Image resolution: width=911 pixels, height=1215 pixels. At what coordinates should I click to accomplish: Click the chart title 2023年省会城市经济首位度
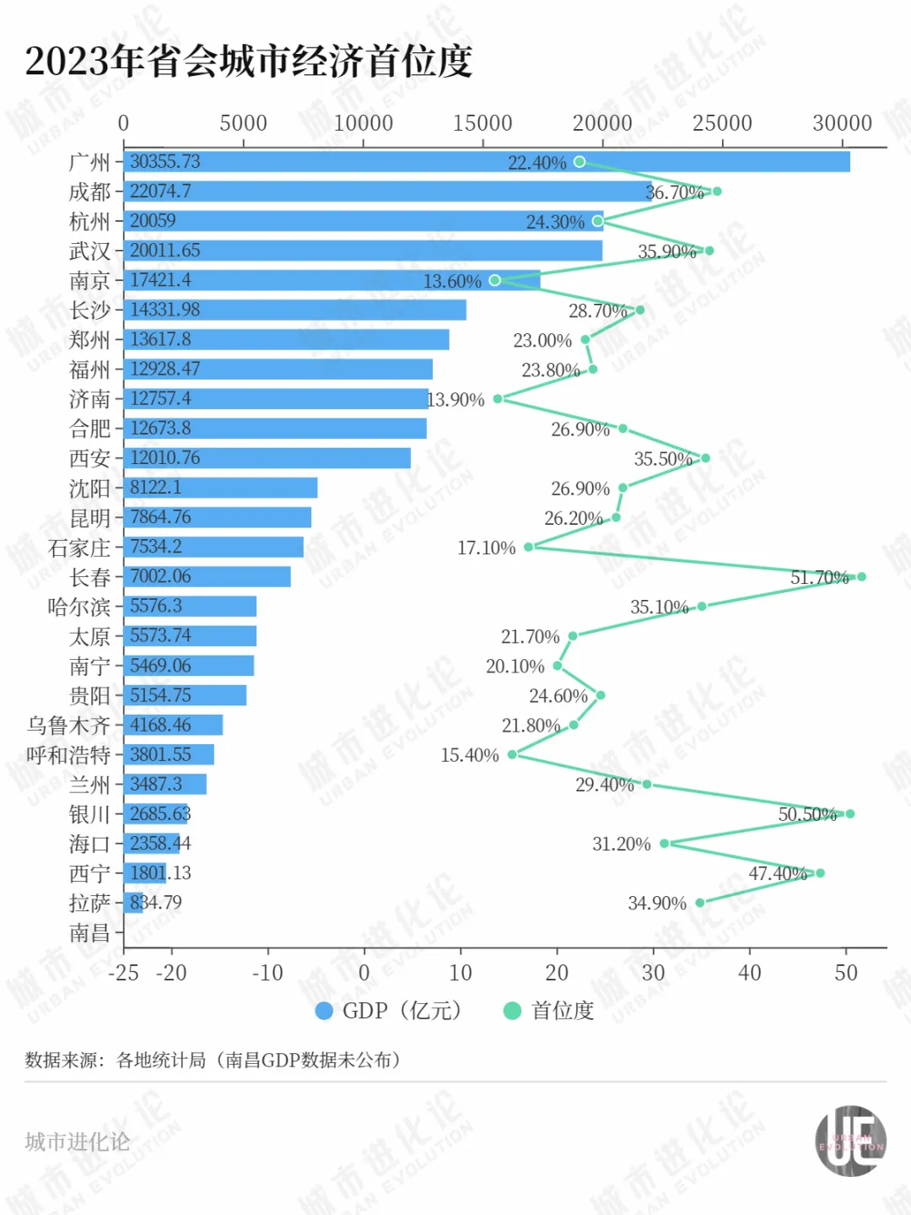pyautogui.click(x=249, y=61)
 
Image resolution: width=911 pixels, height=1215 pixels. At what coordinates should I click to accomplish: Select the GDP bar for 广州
pyautogui.click(x=487, y=162)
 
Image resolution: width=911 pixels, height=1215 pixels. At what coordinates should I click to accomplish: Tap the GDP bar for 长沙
pyautogui.click(x=295, y=310)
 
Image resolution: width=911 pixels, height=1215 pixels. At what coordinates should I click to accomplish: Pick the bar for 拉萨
pyautogui.click(x=133, y=903)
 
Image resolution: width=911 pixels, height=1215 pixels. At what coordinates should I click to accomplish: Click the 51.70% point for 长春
pyautogui.click(x=861, y=577)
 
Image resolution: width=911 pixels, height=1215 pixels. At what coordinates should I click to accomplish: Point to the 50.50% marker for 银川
pyautogui.click(x=849, y=814)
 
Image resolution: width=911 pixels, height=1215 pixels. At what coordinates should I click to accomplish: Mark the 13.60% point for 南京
pyautogui.click(x=495, y=280)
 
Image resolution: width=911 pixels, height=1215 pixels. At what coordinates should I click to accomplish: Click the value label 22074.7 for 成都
pyautogui.click(x=160, y=192)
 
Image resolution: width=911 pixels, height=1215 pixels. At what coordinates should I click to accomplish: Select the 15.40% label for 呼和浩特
pyautogui.click(x=470, y=755)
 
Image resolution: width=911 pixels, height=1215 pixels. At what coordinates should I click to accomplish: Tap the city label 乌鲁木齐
pyautogui.click(x=68, y=726)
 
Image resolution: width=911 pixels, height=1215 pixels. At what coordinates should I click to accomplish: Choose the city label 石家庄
pyautogui.click(x=79, y=548)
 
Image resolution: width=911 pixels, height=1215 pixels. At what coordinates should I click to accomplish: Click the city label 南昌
pyautogui.click(x=89, y=932)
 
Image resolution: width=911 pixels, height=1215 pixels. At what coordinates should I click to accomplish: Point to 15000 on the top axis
pyautogui.click(x=482, y=123)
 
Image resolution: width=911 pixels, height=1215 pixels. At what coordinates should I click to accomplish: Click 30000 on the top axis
pyautogui.click(x=842, y=123)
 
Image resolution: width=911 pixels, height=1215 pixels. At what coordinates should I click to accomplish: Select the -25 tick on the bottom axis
pyautogui.click(x=123, y=973)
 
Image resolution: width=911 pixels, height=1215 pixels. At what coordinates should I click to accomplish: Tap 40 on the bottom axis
pyautogui.click(x=749, y=973)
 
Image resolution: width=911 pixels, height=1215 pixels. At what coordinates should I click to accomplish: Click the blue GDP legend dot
pyautogui.click(x=324, y=1011)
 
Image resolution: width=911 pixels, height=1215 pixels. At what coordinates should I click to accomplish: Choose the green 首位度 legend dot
pyautogui.click(x=512, y=1011)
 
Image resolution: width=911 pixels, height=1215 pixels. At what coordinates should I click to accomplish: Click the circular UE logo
pyautogui.click(x=850, y=1142)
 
